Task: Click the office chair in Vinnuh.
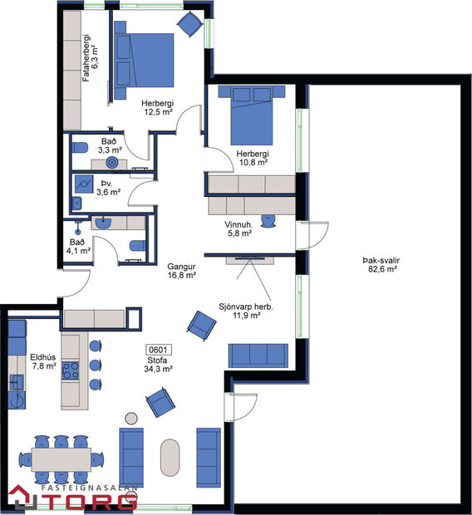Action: [x=268, y=219]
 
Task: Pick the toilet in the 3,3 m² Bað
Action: [x=81, y=147]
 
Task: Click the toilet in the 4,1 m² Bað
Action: [x=138, y=245]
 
